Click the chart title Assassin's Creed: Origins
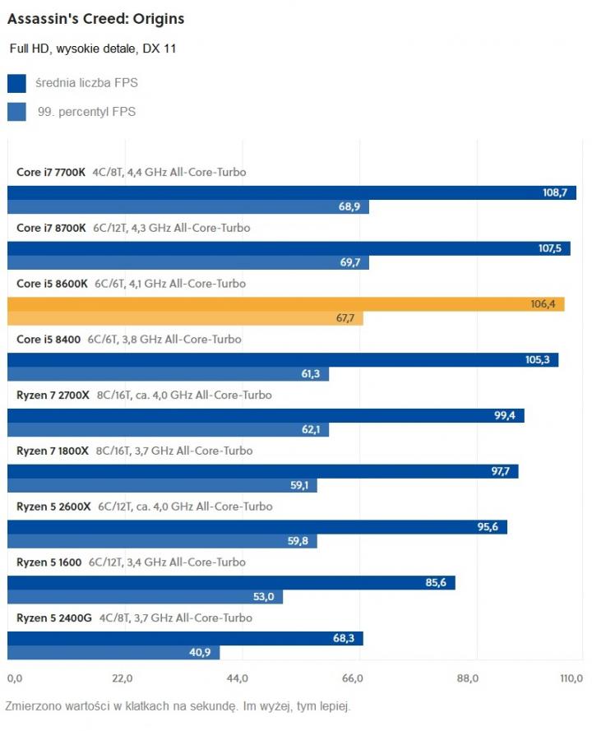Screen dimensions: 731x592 coord(95,18)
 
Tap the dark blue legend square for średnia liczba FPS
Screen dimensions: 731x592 coord(16,83)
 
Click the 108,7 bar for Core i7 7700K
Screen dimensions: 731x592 coord(291,192)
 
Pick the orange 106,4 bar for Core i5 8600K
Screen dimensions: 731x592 coord(285,304)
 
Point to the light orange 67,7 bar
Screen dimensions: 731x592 coord(185,318)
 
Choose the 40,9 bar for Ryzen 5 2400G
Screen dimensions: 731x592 coord(113,652)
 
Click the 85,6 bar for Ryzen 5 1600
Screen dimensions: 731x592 coord(231,583)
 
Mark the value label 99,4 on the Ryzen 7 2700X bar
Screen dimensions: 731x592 coord(504,416)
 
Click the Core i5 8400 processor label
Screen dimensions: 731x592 coord(49,339)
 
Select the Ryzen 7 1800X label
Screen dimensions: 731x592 coord(53,451)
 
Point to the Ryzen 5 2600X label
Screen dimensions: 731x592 coord(53,507)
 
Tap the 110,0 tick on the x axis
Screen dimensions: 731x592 coord(571,678)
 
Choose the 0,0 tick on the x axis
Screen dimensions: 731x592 coord(15,678)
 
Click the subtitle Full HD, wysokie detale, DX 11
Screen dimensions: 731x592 coord(93,49)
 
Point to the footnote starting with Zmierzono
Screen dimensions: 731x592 coord(178,706)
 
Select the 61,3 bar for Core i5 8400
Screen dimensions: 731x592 coord(168,374)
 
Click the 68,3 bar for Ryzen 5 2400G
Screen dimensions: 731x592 coord(185,638)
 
